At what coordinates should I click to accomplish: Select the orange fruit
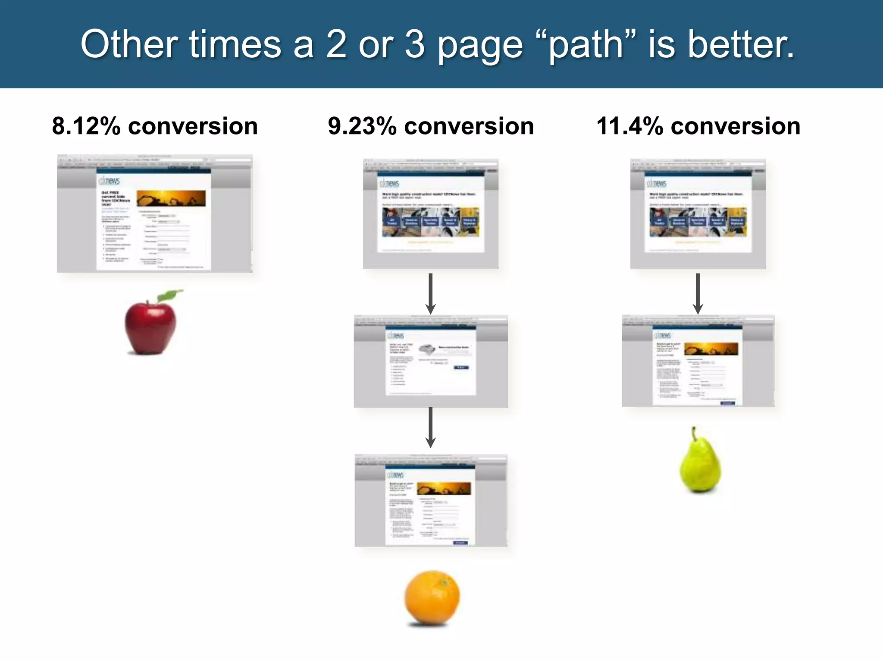click(432, 597)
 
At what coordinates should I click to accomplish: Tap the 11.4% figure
click(629, 126)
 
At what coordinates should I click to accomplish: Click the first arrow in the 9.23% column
click(430, 293)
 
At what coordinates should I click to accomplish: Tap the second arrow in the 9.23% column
click(430, 427)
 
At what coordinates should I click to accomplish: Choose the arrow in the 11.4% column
click(698, 293)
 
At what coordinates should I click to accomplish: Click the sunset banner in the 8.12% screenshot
click(171, 198)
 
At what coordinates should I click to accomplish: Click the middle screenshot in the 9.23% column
click(431, 361)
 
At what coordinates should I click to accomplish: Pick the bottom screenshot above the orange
click(431, 500)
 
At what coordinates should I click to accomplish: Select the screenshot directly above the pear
click(698, 361)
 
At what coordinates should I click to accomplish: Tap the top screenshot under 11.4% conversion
click(698, 214)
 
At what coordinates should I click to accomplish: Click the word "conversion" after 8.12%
click(193, 126)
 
